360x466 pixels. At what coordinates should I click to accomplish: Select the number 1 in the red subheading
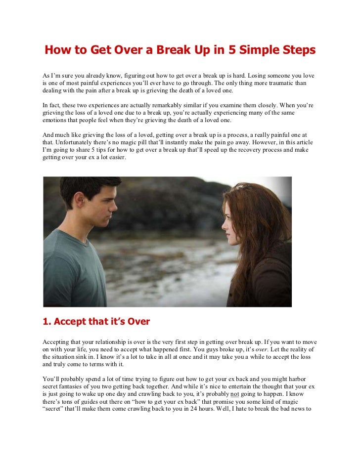tap(46, 322)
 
